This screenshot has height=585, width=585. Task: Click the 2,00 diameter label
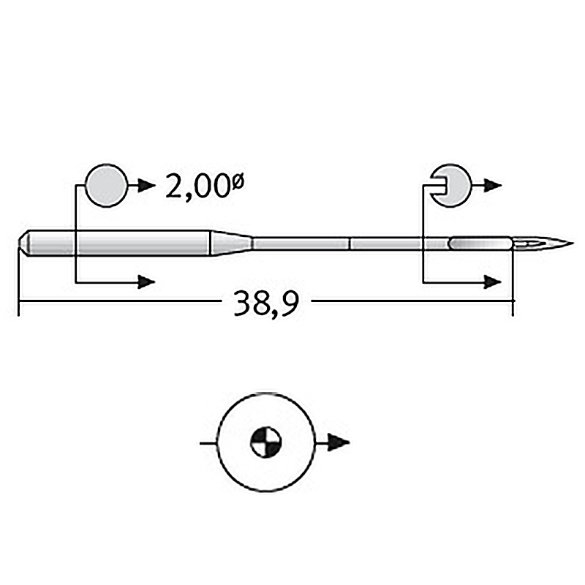[x=205, y=186]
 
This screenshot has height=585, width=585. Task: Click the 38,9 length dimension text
[x=266, y=303]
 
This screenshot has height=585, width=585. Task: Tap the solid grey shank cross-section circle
[x=107, y=185]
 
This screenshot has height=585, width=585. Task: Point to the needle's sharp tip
[x=573, y=244]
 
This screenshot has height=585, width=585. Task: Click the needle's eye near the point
[x=529, y=244]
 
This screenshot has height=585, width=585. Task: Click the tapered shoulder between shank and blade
[x=232, y=244]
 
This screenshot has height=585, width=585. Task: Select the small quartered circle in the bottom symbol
[x=265, y=442]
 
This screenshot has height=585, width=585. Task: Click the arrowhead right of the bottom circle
[x=339, y=443]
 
